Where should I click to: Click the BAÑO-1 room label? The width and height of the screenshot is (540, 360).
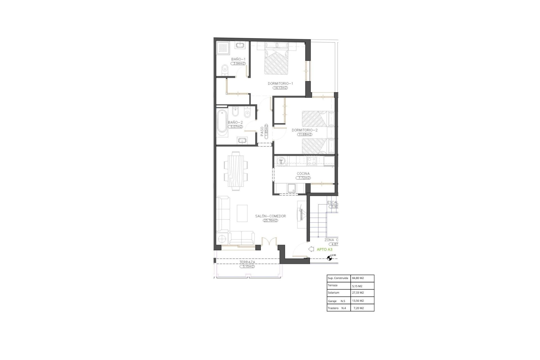coord(238,59)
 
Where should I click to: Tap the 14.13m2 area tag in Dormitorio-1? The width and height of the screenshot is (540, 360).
coord(280,88)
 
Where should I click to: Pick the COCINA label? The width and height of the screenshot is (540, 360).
coord(303,174)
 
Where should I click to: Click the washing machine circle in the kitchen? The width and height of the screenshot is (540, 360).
coord(281,161)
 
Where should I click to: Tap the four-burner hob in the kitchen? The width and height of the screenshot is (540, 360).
coord(311,161)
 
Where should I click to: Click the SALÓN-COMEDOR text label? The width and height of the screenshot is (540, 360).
coord(270,216)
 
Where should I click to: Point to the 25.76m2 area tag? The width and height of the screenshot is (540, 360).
coord(270,220)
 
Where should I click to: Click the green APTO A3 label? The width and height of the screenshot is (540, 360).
coord(325,249)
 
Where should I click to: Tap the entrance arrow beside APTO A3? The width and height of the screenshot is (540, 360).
coord(311,249)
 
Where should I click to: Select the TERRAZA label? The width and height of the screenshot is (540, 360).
coord(247,262)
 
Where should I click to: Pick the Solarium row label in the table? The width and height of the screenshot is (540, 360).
coord(334,293)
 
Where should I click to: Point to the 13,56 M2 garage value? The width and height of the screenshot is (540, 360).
coord(358,301)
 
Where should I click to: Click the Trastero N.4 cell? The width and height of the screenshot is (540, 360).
coord(337,308)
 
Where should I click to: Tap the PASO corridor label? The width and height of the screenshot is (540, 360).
coord(262,132)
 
